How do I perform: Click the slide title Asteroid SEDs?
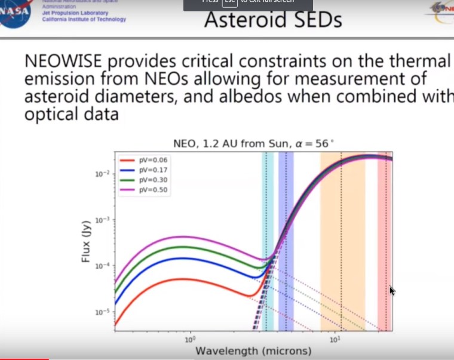click(273, 20)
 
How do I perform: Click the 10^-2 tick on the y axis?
click(101, 174)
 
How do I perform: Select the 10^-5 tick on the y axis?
click(101, 312)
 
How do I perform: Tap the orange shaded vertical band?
click(342, 239)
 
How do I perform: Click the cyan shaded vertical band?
click(268, 239)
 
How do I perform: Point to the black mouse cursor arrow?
click(392, 291)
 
